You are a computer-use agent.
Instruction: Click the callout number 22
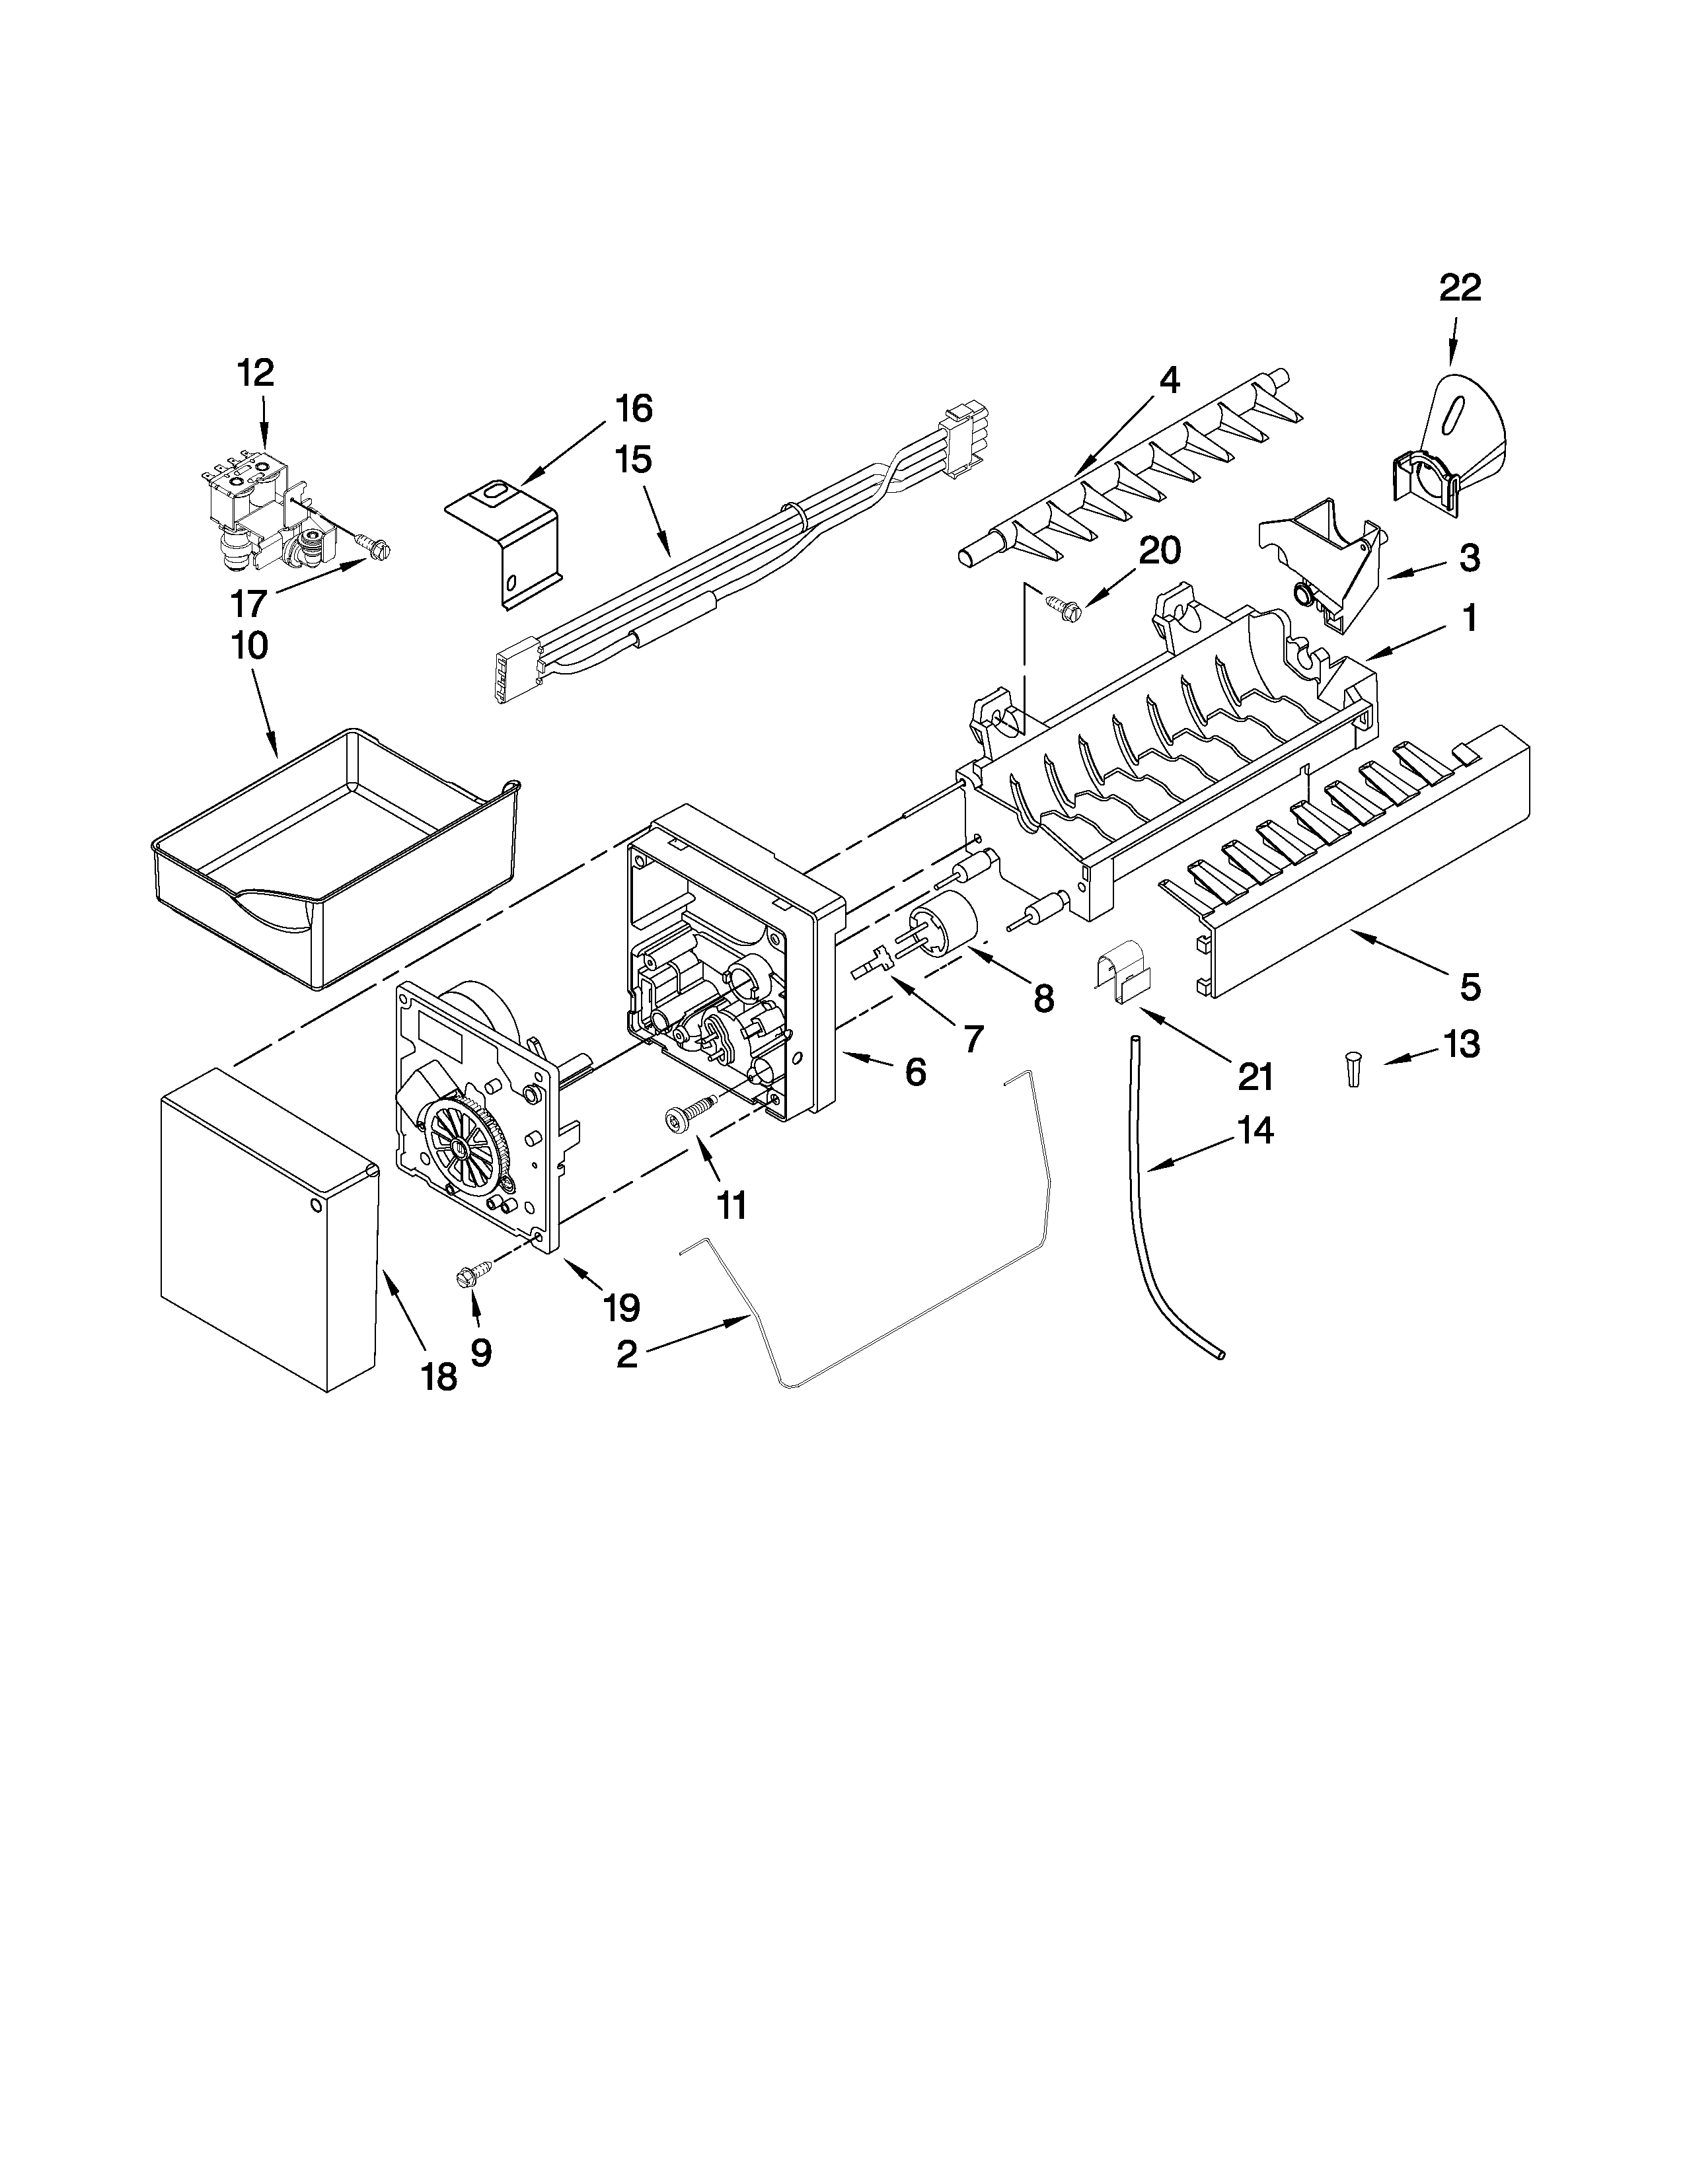(1460, 289)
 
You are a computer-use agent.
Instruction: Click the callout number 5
(1470, 988)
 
